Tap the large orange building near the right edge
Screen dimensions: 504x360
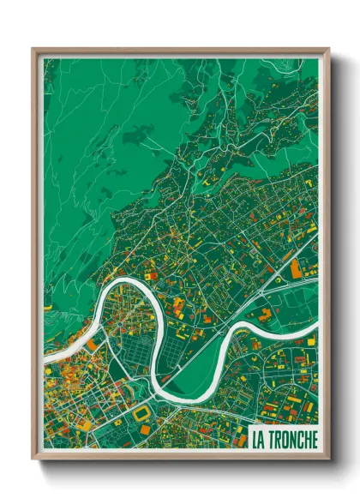296,269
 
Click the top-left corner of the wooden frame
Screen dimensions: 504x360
33,48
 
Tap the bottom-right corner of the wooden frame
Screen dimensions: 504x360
329,460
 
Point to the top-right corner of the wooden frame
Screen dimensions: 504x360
329,48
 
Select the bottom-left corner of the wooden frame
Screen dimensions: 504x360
33,460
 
